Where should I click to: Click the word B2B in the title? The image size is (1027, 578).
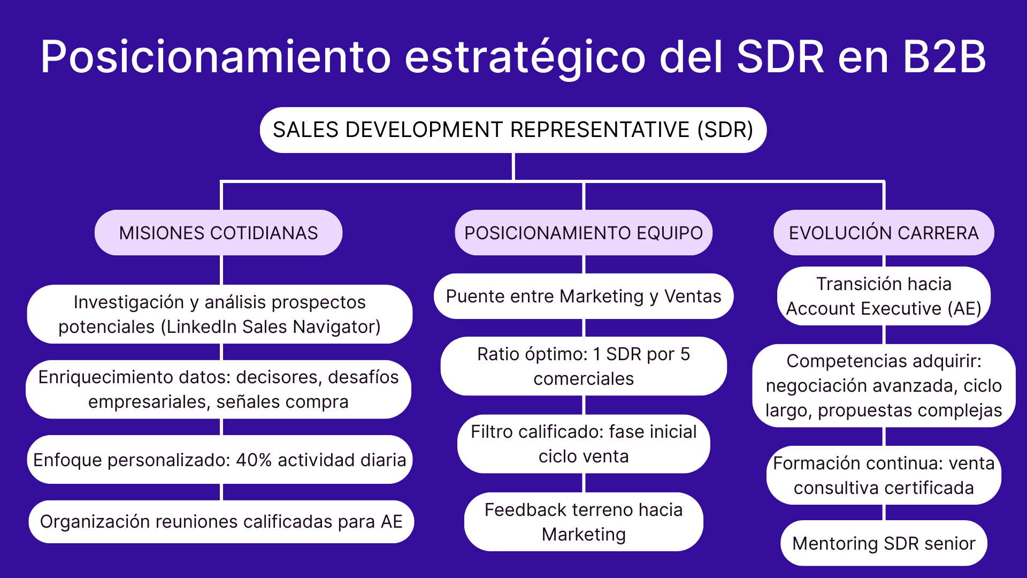coord(944,57)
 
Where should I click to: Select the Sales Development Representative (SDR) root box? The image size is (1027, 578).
coord(513,130)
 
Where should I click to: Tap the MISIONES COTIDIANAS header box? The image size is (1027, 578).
coord(218,233)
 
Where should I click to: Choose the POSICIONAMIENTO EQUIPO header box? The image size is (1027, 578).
coord(584,233)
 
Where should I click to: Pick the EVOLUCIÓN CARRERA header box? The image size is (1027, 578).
coord(884,233)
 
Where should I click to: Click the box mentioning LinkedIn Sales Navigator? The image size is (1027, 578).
coord(219,314)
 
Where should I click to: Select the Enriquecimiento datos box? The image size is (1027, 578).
coord(218,389)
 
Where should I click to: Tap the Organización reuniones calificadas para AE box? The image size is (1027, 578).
coord(221,521)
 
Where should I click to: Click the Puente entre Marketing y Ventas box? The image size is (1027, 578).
coord(584,296)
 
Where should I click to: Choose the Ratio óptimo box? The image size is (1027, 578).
coord(584,366)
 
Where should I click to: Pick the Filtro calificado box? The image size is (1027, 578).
coord(584,444)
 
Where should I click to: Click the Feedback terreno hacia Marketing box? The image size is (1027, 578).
coord(584,522)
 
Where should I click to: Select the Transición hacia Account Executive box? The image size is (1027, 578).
coord(884,296)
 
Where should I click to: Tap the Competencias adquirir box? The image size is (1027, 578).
coord(884,385)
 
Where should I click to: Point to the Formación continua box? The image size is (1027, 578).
coord(884,475)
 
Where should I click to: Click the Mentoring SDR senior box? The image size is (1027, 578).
coord(884,543)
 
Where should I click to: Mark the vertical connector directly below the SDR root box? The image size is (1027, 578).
coord(513,167)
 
